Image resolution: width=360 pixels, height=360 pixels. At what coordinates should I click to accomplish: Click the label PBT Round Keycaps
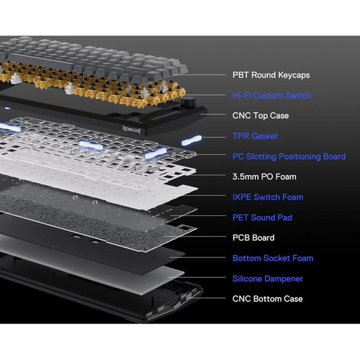[271, 75]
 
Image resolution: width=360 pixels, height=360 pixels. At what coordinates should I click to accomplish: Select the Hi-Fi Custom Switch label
[272, 95]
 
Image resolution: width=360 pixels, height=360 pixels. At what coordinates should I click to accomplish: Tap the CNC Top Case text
[260, 116]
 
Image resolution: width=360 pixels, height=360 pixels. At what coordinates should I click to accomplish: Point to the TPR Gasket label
[255, 136]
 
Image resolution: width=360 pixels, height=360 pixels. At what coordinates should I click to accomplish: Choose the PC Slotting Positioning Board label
[289, 156]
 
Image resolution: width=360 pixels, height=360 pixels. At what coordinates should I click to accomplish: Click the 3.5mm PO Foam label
[264, 177]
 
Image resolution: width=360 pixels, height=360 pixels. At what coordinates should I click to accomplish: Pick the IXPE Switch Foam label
[267, 197]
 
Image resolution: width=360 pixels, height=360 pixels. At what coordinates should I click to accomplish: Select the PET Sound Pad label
[262, 217]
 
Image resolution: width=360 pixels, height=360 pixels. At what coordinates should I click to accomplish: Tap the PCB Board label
[253, 238]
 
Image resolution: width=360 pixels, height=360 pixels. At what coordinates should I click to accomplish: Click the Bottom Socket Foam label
[273, 258]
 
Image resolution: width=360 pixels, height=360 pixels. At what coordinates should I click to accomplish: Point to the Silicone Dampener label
[267, 278]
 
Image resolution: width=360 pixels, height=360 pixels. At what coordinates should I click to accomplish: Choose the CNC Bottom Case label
[267, 299]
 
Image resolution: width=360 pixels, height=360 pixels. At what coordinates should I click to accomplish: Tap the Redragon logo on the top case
[131, 130]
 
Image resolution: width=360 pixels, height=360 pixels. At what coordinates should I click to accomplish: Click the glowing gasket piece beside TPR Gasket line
[192, 140]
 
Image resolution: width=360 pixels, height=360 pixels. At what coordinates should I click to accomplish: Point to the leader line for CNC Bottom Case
[206, 298]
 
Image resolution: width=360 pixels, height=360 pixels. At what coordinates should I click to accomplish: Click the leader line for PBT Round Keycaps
[200, 75]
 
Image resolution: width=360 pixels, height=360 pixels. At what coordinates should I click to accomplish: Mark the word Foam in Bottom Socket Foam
[303, 258]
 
